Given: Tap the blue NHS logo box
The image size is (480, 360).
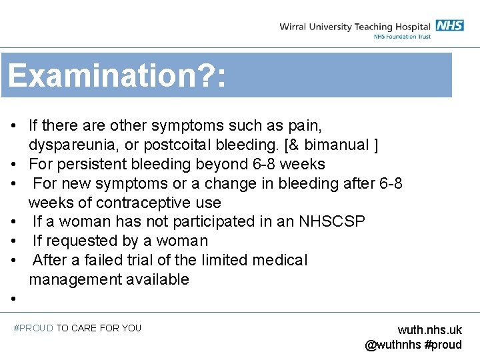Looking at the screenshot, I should (x=450, y=25).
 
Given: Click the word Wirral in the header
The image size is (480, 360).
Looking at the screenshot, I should (x=295, y=27).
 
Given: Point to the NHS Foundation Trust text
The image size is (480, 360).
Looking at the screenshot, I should (x=402, y=37).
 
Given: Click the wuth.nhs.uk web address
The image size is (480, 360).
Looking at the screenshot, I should (x=429, y=330).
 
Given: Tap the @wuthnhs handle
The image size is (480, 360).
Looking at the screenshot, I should (x=393, y=345).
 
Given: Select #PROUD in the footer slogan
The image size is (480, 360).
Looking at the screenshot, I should (x=33, y=328).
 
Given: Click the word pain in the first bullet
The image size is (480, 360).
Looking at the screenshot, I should (x=304, y=125).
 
